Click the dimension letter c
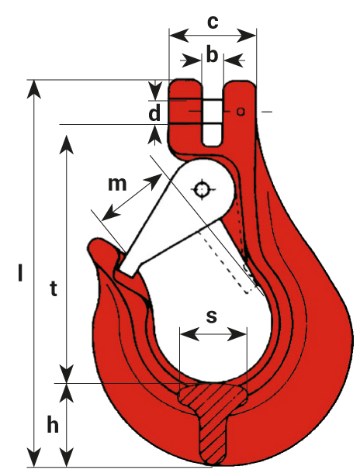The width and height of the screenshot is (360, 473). (x=213, y=22)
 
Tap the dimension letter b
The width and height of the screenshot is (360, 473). (x=212, y=54)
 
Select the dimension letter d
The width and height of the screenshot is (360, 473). (x=154, y=113)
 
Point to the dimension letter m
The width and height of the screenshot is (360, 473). (x=117, y=184)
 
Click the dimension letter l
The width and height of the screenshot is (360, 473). (x=20, y=272)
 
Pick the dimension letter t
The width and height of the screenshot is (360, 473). (x=54, y=288)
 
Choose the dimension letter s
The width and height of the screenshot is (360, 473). (x=212, y=316)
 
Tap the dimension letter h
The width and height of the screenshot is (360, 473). (x=53, y=424)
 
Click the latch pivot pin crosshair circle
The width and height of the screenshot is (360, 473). (x=201, y=189)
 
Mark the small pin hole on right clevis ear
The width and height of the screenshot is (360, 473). (x=241, y=112)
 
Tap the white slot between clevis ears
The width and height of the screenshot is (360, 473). (x=213, y=121)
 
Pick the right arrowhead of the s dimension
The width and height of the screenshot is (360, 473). (x=237, y=334)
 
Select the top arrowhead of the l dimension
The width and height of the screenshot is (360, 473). (x=34, y=89)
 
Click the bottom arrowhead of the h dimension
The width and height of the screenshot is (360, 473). (x=67, y=457)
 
